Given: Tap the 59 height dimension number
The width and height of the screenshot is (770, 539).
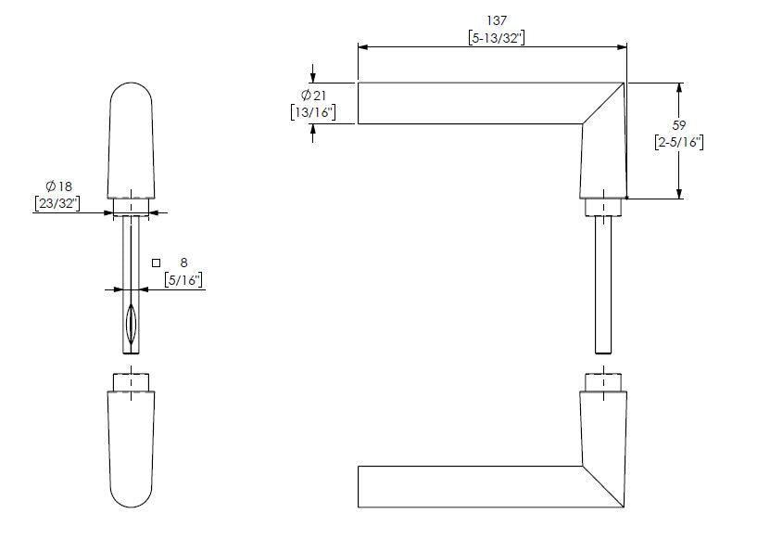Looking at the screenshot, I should tap(678, 123).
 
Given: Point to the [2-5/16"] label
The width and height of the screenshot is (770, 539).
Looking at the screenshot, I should tap(678, 142).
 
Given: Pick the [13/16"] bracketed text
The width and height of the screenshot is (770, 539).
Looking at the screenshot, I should tap(311, 113).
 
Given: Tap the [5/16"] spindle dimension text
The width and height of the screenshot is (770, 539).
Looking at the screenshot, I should tap(183, 278).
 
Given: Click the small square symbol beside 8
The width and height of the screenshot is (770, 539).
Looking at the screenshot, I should tap(157, 263).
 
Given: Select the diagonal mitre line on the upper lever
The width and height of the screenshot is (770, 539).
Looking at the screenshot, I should tap(602, 104).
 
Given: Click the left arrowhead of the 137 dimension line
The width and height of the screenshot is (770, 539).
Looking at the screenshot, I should tap(362, 45).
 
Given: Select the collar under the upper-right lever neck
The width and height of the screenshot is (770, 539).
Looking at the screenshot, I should tap(602, 207).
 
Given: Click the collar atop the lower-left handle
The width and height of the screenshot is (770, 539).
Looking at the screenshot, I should tap(132, 382).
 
